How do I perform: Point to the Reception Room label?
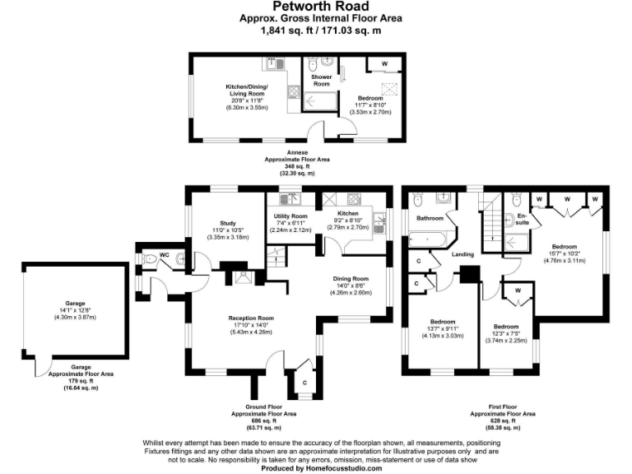tap(252, 318)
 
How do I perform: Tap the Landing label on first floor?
tap(464, 255)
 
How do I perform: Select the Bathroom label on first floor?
tap(430, 218)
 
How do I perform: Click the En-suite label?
tap(521, 220)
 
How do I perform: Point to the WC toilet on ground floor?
tap(150, 258)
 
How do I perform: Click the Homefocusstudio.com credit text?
tap(322, 467)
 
